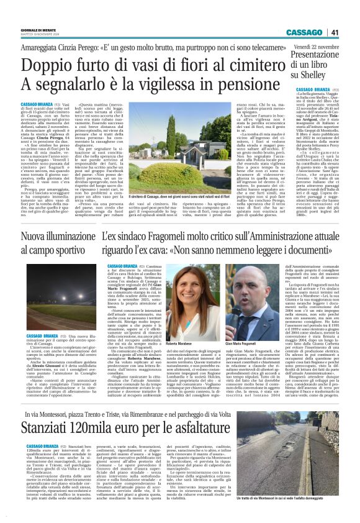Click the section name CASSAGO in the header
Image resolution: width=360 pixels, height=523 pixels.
coord(305,32)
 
